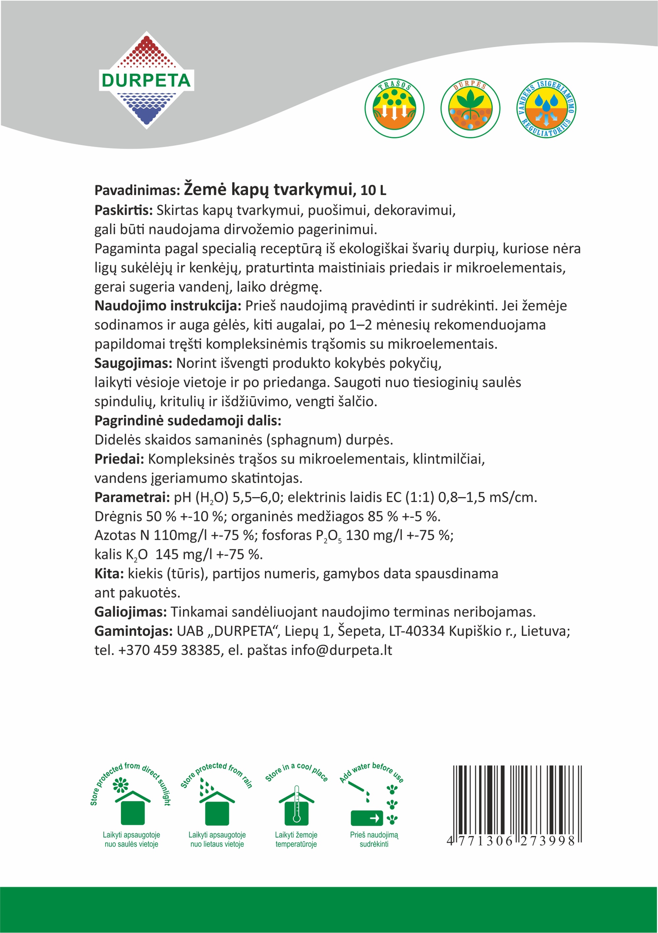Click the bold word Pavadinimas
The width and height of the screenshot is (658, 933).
(137, 190)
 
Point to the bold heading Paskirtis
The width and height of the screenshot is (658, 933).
(123, 210)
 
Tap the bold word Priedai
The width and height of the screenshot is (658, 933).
(119, 459)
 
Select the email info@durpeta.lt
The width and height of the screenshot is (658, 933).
(342, 650)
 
